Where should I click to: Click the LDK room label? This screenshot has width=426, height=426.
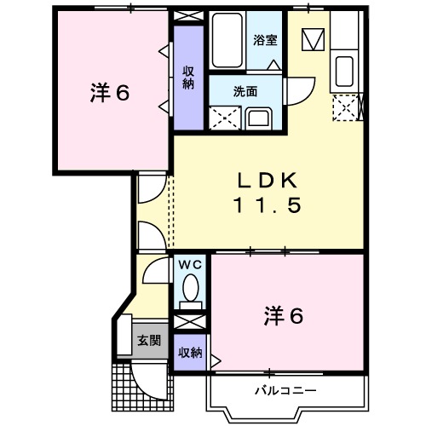click(x=266, y=181)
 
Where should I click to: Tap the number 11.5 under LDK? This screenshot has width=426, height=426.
click(x=266, y=205)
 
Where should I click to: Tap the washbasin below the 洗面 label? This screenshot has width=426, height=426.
click(x=260, y=118)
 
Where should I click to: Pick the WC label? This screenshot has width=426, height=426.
click(x=189, y=264)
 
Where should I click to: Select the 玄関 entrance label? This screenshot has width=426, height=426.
click(x=148, y=340)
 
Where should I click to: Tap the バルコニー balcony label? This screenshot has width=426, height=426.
click(x=285, y=390)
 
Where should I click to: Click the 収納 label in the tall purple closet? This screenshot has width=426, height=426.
click(x=187, y=78)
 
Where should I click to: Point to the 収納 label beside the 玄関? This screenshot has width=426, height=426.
click(x=190, y=352)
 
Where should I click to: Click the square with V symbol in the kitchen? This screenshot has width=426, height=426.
click(x=314, y=38)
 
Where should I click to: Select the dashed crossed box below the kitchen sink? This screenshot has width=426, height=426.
click(x=347, y=108)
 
